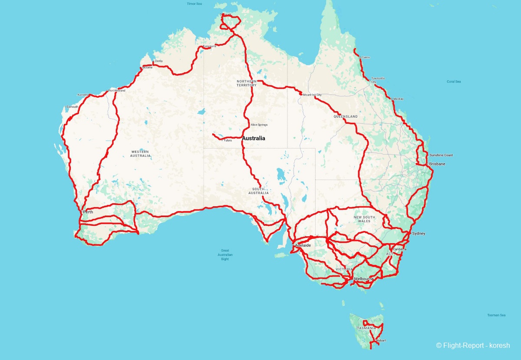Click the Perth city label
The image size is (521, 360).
click(88, 212)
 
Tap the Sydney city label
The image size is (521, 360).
click(419, 234)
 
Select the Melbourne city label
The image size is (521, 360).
click(363, 278)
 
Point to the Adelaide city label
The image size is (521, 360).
click(303, 245)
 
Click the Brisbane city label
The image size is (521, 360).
click(437, 164)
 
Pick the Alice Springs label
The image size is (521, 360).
click(259, 125)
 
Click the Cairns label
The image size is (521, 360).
click(366, 57)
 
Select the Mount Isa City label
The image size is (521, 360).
click(312, 95)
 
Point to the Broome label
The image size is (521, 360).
click(148, 68)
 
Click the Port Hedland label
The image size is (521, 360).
click(117, 91)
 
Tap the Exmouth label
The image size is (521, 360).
click(72, 107)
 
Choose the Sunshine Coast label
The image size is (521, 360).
click(441, 155)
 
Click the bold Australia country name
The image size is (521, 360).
click(254, 139)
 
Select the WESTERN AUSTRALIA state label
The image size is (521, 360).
click(140, 153)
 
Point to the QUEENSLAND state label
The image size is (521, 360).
click(346, 117)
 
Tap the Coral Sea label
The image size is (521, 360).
click(454, 82)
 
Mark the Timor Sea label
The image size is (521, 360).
click(194, 4)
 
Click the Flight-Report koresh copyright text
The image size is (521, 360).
click(473, 346)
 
